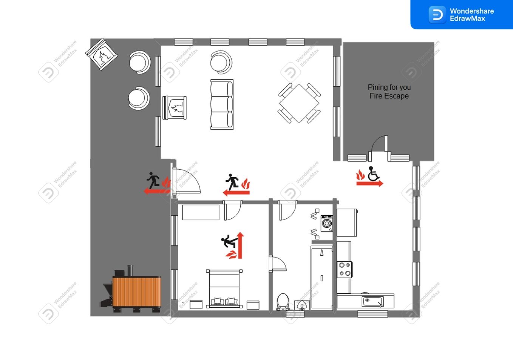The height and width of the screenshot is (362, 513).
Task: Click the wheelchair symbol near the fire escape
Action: (x=374, y=174)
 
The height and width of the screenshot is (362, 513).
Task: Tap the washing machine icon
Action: (x=327, y=223)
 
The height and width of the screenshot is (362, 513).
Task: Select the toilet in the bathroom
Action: (x=283, y=302)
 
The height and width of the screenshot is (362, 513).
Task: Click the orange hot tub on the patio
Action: (x=137, y=291)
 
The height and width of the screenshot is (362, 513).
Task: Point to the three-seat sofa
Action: (x=222, y=105)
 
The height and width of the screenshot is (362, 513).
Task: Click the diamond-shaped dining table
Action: (x=299, y=104)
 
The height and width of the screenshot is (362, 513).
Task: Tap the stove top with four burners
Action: (x=345, y=270)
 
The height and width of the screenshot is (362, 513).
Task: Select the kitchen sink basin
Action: (x=372, y=301)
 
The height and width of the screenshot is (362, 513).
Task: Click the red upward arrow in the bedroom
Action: (x=240, y=245)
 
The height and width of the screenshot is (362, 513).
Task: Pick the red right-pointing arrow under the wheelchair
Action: (x=369, y=183)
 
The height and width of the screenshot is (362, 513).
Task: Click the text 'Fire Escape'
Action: (x=389, y=96)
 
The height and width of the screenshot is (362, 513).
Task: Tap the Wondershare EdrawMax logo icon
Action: (x=437, y=15)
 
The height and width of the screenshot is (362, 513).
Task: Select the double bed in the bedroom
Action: (x=224, y=288)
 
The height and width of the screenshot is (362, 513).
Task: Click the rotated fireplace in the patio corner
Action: (x=102, y=54)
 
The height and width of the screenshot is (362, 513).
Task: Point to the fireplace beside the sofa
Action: (x=174, y=108)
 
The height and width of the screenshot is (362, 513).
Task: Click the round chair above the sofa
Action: (x=221, y=62)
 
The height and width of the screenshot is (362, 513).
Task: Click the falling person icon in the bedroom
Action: (x=229, y=241)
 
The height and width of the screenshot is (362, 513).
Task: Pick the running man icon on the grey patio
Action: (x=153, y=180)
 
